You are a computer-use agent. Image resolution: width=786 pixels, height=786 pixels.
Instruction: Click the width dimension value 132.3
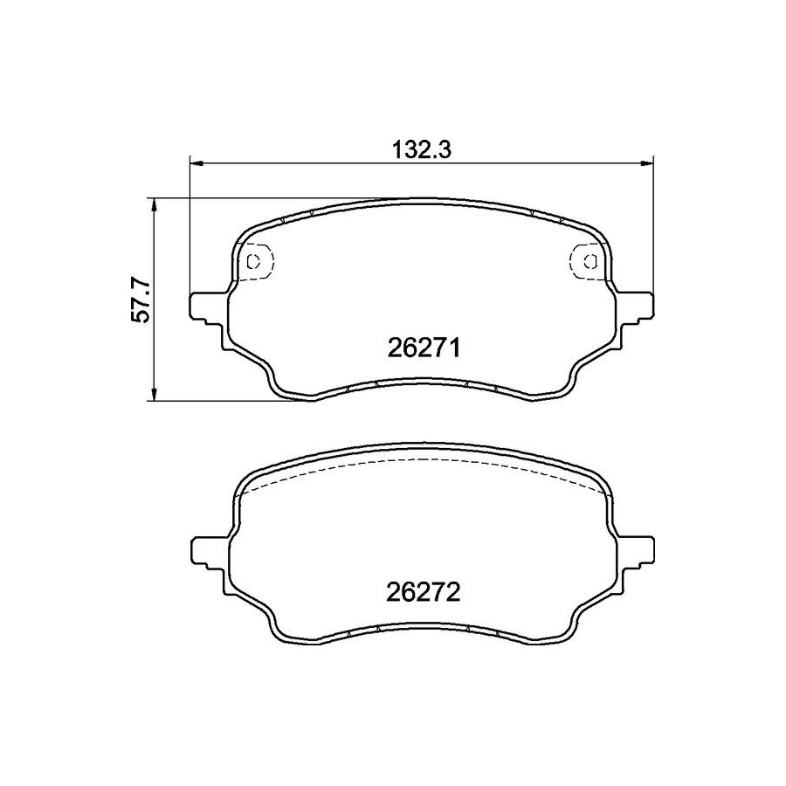pos(421,150)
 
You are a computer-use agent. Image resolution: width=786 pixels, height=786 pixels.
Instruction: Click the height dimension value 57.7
pos(141,300)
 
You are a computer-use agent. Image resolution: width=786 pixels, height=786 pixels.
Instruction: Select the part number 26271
pos(424,348)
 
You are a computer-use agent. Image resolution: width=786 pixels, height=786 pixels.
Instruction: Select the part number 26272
pos(424,593)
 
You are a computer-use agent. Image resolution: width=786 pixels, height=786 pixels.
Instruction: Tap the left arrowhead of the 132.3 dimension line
pos(196,162)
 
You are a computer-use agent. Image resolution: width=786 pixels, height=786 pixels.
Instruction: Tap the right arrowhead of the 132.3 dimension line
pos(648,162)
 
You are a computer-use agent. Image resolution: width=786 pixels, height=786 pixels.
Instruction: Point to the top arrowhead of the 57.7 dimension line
pos(155,203)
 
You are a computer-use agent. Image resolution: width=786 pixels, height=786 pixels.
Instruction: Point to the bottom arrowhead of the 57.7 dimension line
pos(155,395)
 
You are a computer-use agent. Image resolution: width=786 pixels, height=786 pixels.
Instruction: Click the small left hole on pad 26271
pos(254,260)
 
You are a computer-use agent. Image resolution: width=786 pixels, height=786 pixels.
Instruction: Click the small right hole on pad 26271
pos(591,260)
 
